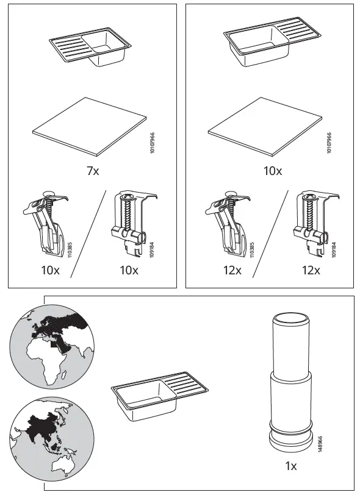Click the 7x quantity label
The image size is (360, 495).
93,171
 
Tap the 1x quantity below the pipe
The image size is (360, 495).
291,466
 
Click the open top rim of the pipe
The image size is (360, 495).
291,318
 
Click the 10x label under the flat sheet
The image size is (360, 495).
272,171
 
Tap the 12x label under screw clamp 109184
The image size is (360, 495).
310,270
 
